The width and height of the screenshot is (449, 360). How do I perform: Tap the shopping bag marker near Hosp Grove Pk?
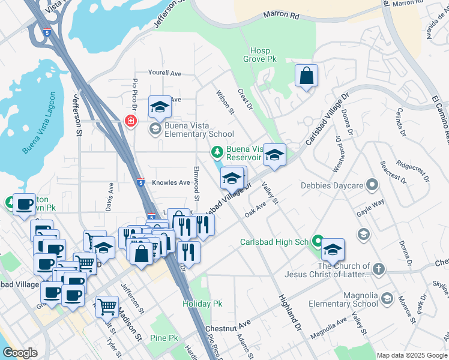(306, 76)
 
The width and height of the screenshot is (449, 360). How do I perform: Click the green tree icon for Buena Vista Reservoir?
(218, 153)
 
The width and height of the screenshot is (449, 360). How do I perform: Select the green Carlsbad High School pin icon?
(317, 242)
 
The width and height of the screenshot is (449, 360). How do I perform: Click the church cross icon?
(378, 269)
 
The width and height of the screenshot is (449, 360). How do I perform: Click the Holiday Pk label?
(202, 304)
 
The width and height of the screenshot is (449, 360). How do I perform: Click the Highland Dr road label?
(289, 313)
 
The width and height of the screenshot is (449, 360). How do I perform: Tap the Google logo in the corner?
(20, 353)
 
